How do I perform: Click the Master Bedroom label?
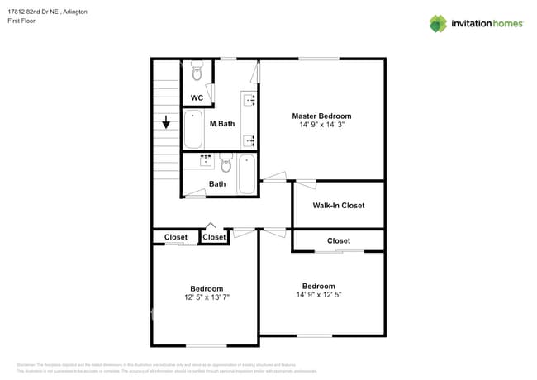tap(321, 116)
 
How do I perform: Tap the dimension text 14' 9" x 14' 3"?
tap(321, 125)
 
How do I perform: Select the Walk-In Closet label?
tap(338, 205)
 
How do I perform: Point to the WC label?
tap(197, 98)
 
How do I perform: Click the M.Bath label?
tap(221, 124)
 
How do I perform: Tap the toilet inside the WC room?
tap(197, 74)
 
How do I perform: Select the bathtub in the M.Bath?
tap(193, 128)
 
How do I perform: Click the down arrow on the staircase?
tap(166, 121)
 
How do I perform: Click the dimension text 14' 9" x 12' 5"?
tap(318, 294)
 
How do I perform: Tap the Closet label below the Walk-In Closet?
tap(338, 240)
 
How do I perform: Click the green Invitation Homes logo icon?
tap(438, 23)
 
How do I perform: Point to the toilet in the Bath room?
tap(226, 163)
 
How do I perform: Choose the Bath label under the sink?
tap(217, 184)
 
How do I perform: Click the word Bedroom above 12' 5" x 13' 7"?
tap(207, 288)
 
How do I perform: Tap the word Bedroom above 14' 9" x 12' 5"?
tap(318, 286)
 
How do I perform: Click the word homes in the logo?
tap(505, 24)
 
